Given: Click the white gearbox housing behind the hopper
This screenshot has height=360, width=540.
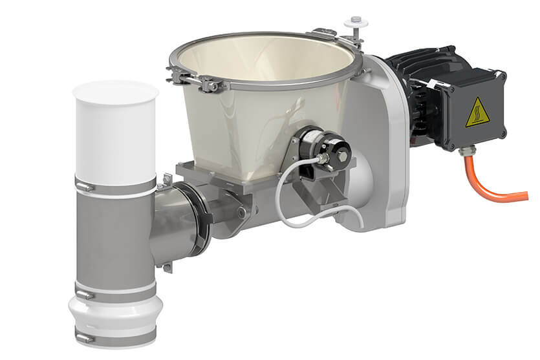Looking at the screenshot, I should (x=382, y=149).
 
